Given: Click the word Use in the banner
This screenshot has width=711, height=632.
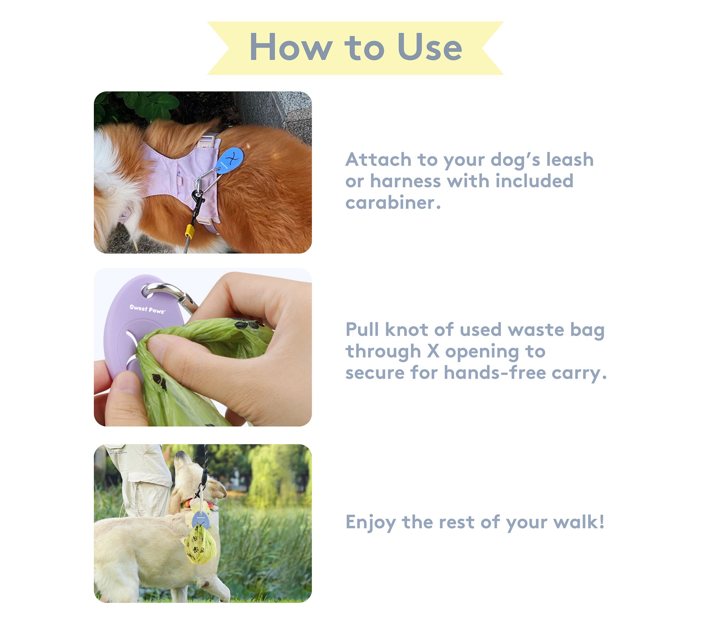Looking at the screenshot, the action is [x=429, y=47].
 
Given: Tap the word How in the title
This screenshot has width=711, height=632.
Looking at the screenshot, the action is [x=291, y=47].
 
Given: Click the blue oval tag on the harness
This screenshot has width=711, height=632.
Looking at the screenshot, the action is [x=230, y=160].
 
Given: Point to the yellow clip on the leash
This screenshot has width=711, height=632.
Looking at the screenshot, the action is [x=189, y=231].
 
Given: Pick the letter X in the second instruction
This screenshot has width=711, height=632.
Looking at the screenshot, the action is [x=433, y=351].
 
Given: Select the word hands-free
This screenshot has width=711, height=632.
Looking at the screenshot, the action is [x=495, y=373].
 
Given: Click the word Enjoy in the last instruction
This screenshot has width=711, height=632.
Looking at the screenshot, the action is [x=371, y=522].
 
